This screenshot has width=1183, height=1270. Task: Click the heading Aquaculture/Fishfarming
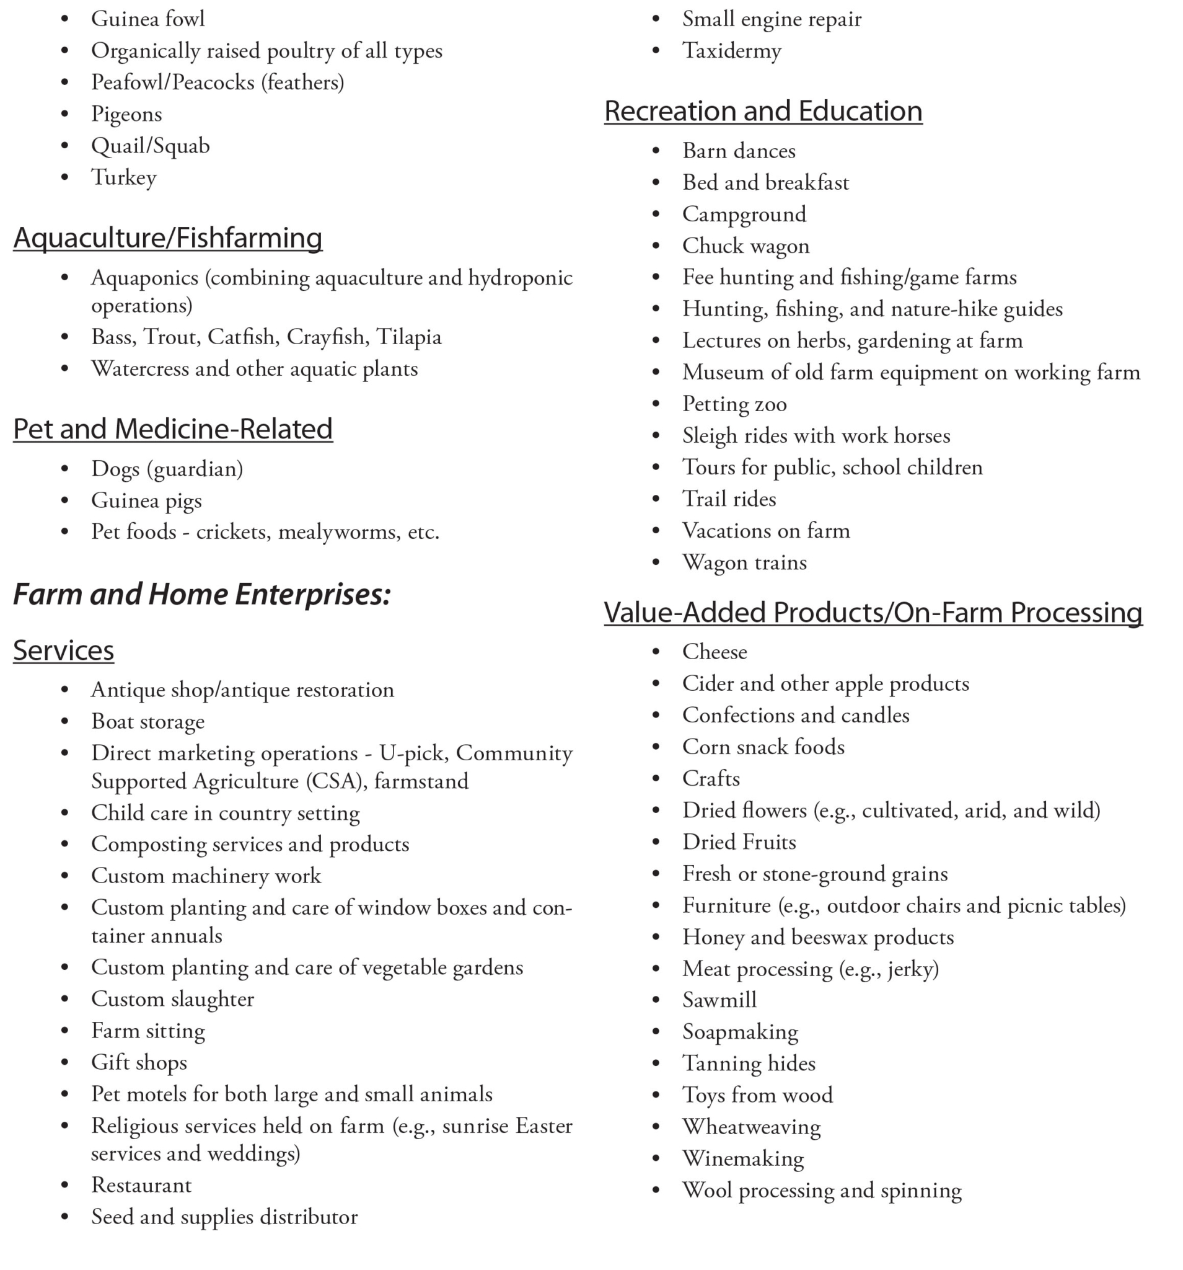(168, 238)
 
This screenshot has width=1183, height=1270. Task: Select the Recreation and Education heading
(763, 111)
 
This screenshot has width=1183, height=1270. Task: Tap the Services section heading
(63, 651)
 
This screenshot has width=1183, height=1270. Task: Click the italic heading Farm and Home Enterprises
(202, 594)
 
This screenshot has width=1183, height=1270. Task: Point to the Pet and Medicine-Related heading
(173, 429)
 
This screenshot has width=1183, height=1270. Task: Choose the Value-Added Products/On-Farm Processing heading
(873, 612)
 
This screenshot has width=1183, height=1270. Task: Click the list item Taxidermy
(732, 50)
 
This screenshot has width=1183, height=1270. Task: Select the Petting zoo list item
(734, 404)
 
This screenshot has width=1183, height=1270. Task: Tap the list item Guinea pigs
(146, 500)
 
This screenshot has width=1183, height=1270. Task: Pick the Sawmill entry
(719, 1000)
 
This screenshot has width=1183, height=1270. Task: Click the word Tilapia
(408, 337)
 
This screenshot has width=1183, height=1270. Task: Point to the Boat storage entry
(147, 721)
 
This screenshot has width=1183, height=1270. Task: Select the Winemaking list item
(742, 1158)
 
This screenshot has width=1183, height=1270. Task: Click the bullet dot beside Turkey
(64, 177)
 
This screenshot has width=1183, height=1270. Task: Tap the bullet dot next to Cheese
(656, 652)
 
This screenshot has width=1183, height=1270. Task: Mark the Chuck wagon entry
(745, 246)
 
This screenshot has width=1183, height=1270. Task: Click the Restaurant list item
(141, 1185)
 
